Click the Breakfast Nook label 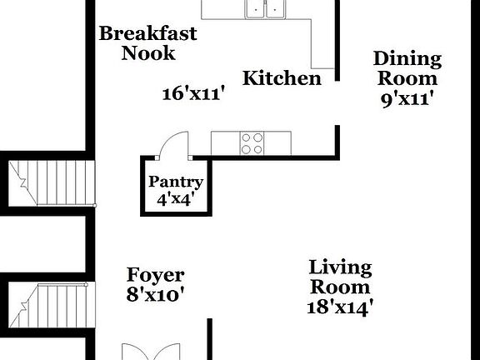coord(148,43)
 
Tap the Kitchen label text coord(282,78)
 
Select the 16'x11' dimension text coord(194,93)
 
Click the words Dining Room coord(406,68)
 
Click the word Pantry coord(176,182)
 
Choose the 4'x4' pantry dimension coord(176,199)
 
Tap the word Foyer coord(156,275)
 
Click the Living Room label coord(339,277)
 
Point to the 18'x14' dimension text coord(339,306)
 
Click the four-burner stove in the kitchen coord(252,143)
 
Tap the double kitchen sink coord(266,8)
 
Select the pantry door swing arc coord(172,143)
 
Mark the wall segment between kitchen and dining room coord(337,42)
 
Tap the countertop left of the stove coord(225,143)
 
